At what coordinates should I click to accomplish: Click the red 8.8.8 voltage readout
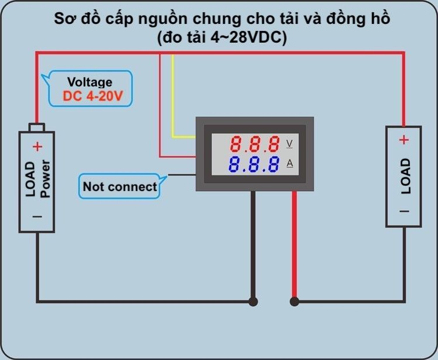(x=254, y=144)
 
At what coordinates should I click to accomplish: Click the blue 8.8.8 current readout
(x=254, y=164)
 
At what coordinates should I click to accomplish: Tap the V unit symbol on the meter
(x=289, y=143)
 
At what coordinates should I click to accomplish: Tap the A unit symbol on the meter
(x=289, y=164)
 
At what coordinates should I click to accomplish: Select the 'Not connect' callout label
(x=120, y=187)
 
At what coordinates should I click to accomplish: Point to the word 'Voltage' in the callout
(x=90, y=82)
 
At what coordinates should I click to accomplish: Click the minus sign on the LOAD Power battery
(x=37, y=217)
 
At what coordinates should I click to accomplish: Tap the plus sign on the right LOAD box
(x=404, y=140)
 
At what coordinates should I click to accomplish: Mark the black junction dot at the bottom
(x=253, y=302)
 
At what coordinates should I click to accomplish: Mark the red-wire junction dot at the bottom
(x=294, y=302)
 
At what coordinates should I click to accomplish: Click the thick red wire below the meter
(x=294, y=245)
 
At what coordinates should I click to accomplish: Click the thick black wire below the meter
(x=253, y=245)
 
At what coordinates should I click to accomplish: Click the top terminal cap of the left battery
(x=37, y=127)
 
